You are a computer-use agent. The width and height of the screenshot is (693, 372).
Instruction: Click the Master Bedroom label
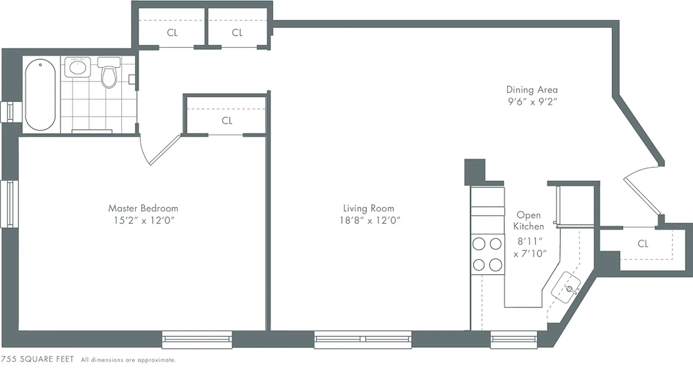[143, 208]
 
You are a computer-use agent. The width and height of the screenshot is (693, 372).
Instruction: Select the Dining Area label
[532, 90]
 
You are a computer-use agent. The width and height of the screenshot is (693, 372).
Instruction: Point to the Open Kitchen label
[529, 221]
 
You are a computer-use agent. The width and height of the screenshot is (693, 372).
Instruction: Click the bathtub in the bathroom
[40, 95]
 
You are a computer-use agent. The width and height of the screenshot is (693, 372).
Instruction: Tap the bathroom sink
[77, 67]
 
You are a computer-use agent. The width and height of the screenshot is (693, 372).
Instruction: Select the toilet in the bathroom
[109, 74]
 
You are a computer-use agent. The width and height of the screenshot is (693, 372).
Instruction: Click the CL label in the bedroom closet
[227, 121]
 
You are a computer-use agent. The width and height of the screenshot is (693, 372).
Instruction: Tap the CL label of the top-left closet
[172, 33]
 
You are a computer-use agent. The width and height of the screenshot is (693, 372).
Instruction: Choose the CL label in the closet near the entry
[643, 244]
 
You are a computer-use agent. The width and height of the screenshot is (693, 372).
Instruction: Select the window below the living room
[363, 339]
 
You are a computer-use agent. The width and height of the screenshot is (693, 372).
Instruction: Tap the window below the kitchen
[513, 340]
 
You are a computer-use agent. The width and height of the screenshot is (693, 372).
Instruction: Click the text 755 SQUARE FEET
[38, 359]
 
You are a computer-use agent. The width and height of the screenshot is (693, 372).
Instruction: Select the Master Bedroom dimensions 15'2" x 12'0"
[143, 221]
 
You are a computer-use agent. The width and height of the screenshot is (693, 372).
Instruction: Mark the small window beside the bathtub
[9, 112]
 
